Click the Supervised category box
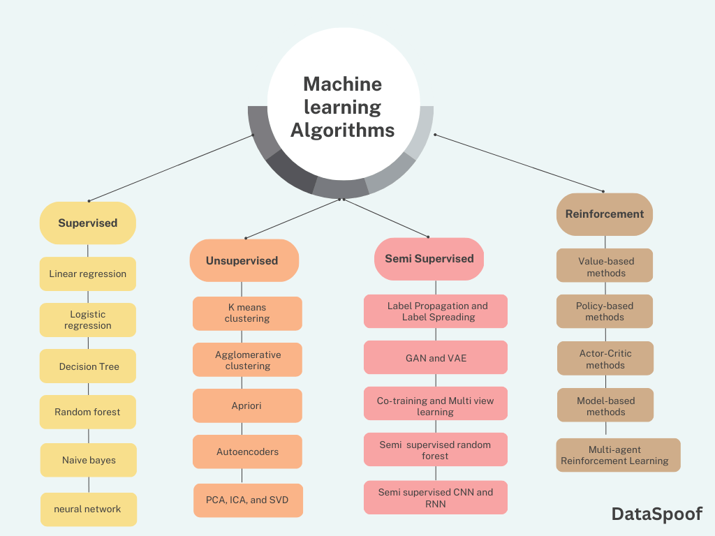(x=87, y=223)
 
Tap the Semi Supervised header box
(x=429, y=258)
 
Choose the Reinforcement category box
(x=604, y=214)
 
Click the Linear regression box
(x=87, y=274)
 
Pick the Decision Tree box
(x=88, y=366)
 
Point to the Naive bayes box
(x=88, y=460)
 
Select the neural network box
(x=88, y=509)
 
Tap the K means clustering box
(x=247, y=313)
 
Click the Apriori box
(x=247, y=405)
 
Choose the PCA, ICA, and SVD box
(x=248, y=500)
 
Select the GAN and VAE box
(x=436, y=357)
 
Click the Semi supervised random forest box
(x=435, y=450)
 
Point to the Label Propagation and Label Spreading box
(x=436, y=311)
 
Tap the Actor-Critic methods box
(x=605, y=359)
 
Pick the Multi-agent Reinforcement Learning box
(x=618, y=455)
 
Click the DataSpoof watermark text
(x=656, y=514)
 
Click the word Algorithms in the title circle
(x=342, y=131)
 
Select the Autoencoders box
(x=247, y=452)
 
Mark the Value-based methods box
(x=605, y=267)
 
